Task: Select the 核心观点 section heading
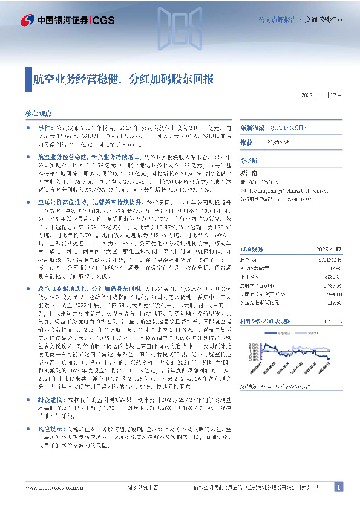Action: (38, 113)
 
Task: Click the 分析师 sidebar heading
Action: (249, 162)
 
